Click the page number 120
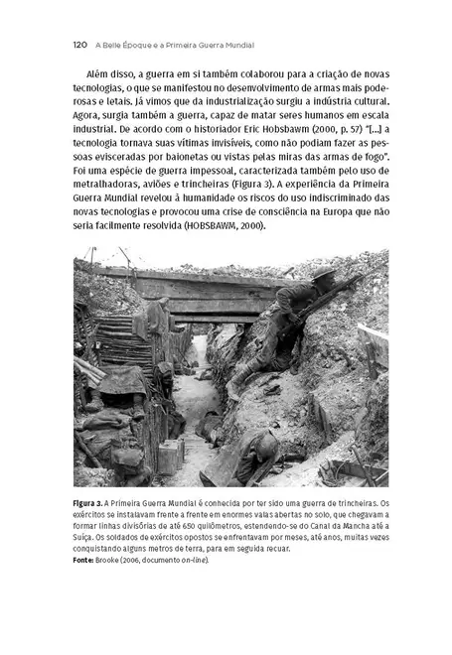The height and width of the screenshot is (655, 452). click(82, 45)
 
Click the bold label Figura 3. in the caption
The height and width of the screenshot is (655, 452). click(94, 503)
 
